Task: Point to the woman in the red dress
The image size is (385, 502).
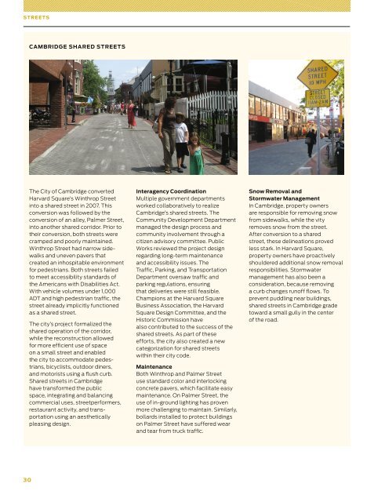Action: click(131, 113)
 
